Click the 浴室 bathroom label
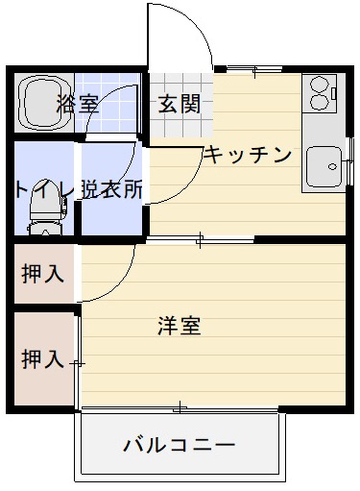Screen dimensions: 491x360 79,105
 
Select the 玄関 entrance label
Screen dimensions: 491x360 179,105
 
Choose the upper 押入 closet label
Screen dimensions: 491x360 42,273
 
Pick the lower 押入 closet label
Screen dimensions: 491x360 42,359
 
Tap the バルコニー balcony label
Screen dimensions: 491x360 180,446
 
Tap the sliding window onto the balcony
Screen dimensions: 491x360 180,408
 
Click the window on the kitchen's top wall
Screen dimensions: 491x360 254,69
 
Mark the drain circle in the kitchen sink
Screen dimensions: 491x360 332,166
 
